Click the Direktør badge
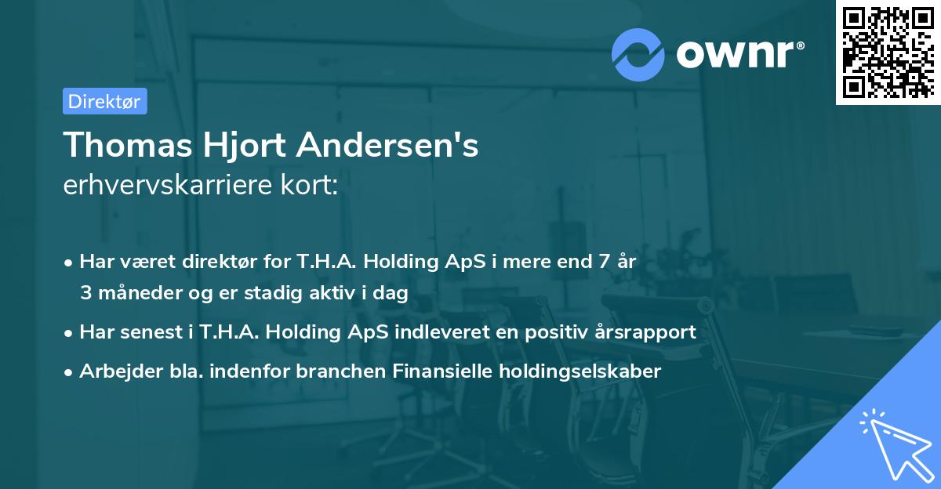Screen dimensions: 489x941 click(x=104, y=101)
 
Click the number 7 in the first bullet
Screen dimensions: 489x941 click(x=603, y=262)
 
